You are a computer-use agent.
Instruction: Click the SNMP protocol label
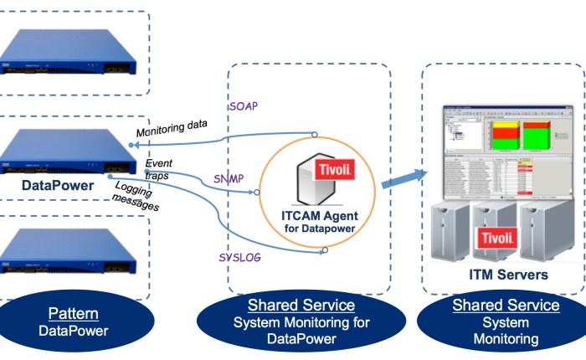coord(229,179)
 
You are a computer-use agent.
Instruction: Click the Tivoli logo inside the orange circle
coord(333,171)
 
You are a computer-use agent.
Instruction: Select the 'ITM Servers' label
coord(508,274)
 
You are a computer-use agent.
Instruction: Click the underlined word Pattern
coord(74,315)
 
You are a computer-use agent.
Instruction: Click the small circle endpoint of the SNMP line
coord(257,193)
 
